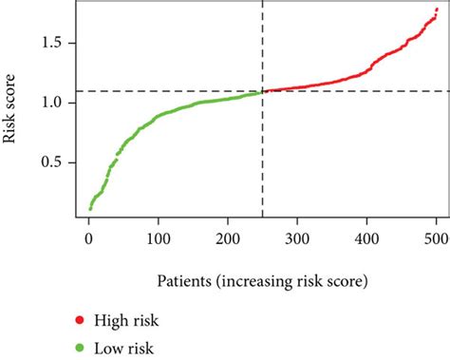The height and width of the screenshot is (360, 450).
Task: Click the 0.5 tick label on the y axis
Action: [x=53, y=162]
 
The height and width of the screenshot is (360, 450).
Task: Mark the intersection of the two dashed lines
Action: [x=262, y=91]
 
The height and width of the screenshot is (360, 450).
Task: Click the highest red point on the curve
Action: [x=436, y=9]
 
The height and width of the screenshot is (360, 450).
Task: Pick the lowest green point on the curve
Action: [x=90, y=207]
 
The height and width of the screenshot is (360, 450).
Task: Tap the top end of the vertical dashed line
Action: [x=262, y=4]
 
